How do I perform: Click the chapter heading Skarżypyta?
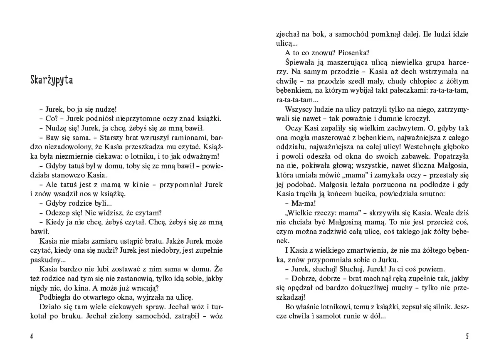[52, 80]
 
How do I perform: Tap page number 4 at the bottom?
[32, 336]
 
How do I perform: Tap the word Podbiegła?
[55, 297]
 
